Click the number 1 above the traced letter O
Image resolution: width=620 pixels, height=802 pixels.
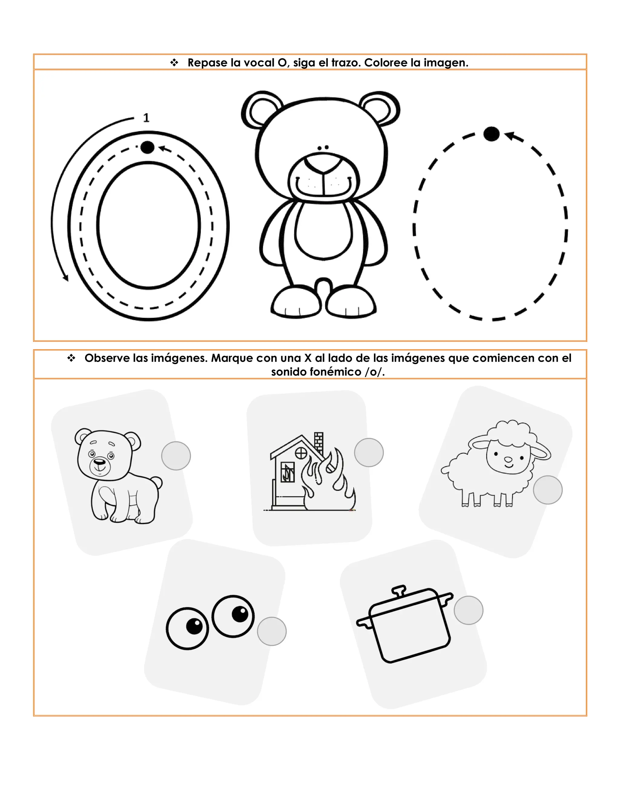(146, 117)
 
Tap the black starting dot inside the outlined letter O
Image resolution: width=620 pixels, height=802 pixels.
(147, 147)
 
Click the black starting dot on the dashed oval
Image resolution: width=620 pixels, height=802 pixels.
(491, 134)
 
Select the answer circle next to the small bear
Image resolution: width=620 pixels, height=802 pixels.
(176, 456)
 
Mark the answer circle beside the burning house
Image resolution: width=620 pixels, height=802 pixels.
(369, 452)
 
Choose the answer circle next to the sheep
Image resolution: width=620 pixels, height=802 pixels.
(548, 490)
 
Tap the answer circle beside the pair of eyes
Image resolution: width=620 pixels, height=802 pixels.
(272, 631)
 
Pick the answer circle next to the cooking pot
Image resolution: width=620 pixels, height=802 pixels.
(468, 610)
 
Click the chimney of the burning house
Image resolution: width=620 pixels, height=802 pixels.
(318, 444)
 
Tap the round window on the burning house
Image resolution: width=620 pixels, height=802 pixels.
(301, 453)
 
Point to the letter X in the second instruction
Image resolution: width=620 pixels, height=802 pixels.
(308, 358)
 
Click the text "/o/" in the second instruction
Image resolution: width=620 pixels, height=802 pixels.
(375, 372)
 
